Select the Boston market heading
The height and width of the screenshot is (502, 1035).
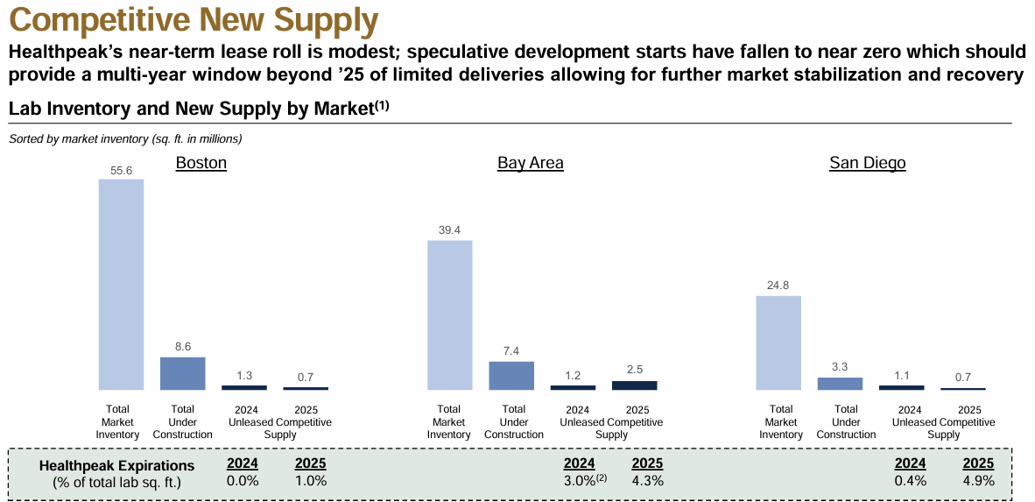(x=201, y=163)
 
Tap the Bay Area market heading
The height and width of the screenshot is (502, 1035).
(x=530, y=163)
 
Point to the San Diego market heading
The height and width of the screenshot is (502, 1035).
(x=867, y=163)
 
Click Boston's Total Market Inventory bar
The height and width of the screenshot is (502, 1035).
(x=121, y=285)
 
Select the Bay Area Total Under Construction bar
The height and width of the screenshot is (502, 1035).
(x=511, y=376)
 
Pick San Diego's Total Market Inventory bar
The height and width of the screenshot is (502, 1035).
(x=778, y=343)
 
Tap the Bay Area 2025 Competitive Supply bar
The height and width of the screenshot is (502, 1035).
(x=634, y=385)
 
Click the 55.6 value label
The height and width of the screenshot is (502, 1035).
(x=121, y=171)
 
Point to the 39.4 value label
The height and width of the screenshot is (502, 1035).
(x=449, y=231)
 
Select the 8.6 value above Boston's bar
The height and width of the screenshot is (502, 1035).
(x=183, y=347)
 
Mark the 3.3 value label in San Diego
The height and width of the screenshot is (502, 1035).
(x=840, y=367)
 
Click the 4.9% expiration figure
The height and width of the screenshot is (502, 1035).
(x=978, y=480)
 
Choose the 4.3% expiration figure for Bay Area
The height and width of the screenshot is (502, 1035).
(x=647, y=480)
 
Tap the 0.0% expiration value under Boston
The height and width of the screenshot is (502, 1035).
(x=243, y=480)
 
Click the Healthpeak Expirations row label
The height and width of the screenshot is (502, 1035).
(x=116, y=472)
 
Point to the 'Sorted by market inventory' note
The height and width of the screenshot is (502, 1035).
(x=125, y=138)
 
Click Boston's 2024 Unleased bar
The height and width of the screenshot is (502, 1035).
(x=244, y=387)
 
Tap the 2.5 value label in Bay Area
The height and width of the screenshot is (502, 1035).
(x=634, y=371)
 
